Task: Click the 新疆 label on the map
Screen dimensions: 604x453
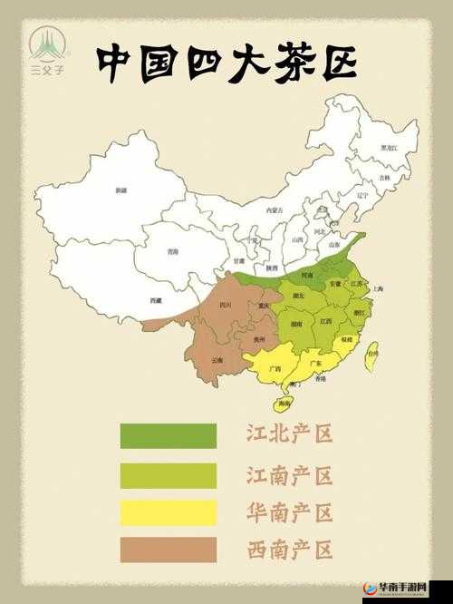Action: coord(121,190)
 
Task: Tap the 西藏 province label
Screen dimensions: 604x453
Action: coord(156,299)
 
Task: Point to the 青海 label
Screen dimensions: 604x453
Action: coord(173,252)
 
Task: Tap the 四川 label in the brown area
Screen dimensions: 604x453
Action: coord(225,306)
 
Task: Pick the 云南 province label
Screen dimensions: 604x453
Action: coord(217,360)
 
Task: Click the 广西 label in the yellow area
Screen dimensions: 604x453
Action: coord(275,368)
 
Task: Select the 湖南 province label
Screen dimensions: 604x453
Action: coord(295,324)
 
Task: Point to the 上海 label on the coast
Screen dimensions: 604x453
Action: coord(378,288)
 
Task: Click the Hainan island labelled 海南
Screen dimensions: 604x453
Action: coord(284,402)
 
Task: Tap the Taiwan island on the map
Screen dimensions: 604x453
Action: coord(371,355)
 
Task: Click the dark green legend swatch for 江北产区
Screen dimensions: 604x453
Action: coord(168,435)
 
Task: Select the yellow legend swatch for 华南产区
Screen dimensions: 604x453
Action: coord(168,512)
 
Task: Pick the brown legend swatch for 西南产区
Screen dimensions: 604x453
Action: coord(168,550)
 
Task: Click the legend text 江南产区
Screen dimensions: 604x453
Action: coord(290,474)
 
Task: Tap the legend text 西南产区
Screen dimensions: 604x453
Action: coord(290,548)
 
